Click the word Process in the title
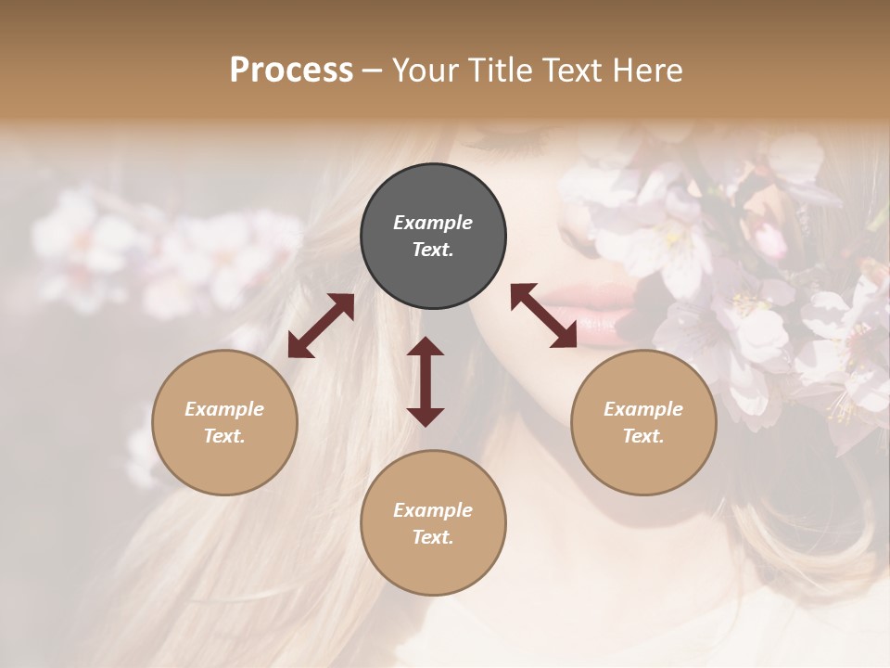(291, 71)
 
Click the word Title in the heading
(497, 71)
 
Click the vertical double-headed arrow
(426, 381)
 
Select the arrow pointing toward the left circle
(321, 326)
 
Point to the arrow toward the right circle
(544, 315)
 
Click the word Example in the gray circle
(433, 223)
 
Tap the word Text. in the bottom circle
(433, 537)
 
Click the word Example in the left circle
(224, 409)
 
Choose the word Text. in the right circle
(643, 436)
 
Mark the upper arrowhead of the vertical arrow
(426, 348)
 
